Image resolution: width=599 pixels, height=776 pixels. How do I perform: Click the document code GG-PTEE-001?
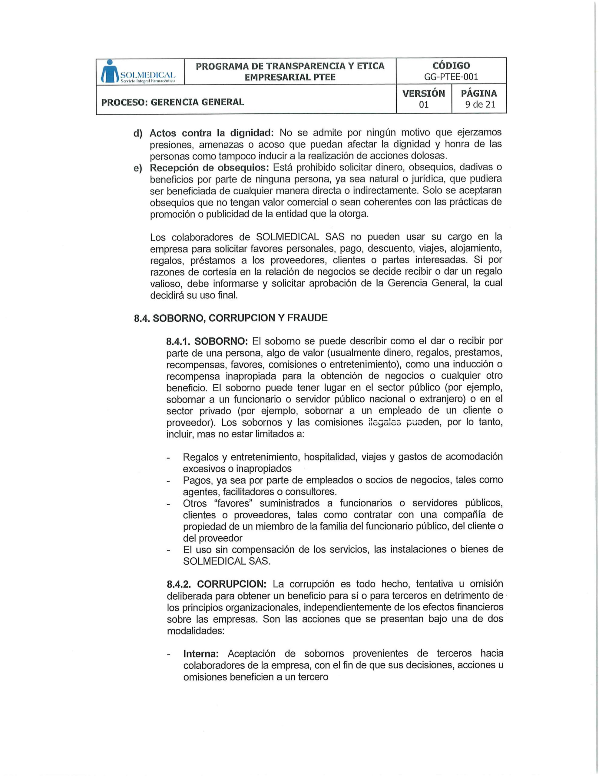[x=451, y=77]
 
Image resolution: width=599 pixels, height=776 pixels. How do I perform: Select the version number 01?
[x=424, y=105]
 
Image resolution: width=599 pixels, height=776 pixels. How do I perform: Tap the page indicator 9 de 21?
[x=479, y=105]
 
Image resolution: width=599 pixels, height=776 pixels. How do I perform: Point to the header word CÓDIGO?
[x=451, y=66]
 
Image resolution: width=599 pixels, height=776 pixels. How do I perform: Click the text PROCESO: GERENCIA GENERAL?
[x=173, y=102]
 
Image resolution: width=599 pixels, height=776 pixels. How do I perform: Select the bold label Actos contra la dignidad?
[x=212, y=133]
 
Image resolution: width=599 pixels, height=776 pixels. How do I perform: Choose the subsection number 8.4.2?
[x=179, y=584]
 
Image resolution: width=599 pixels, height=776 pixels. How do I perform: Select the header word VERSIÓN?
[x=423, y=93]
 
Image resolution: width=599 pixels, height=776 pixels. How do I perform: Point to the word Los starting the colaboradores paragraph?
[x=158, y=237]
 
